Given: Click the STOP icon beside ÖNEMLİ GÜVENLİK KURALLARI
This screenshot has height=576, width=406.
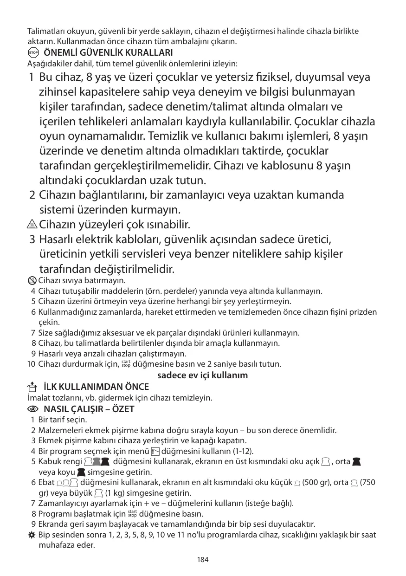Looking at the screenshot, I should pyautogui.click(x=32, y=52).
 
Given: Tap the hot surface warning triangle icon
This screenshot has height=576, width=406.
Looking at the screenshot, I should pyautogui.click(x=32, y=225).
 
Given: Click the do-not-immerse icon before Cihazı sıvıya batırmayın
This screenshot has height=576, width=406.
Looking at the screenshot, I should pyautogui.click(x=32, y=281).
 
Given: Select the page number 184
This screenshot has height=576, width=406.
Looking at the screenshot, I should pyautogui.click(x=203, y=559).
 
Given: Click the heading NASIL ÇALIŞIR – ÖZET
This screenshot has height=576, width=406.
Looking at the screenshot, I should pyautogui.click(x=89, y=409).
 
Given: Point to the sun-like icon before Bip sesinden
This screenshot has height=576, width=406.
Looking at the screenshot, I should pyautogui.click(x=32, y=535).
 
